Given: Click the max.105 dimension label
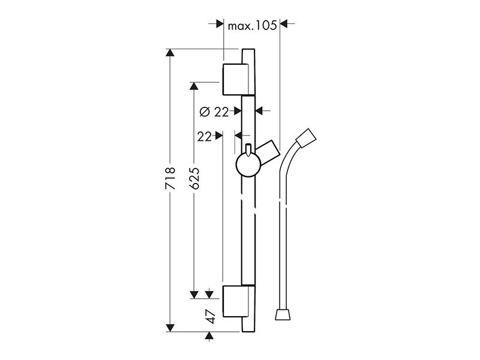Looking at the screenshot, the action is [x=252, y=25].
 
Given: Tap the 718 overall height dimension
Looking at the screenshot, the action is [x=170, y=178].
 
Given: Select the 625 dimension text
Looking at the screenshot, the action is [x=194, y=178].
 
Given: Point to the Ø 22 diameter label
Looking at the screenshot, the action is [x=214, y=112].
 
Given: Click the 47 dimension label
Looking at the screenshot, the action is [x=211, y=316].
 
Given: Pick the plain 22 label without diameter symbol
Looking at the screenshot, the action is [x=205, y=137].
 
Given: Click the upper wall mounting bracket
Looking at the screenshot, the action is [x=235, y=79].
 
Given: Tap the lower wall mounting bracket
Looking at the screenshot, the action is [x=235, y=301].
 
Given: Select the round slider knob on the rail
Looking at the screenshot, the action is [x=248, y=164].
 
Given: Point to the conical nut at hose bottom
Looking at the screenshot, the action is [x=283, y=314].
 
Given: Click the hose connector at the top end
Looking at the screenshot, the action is [x=306, y=139].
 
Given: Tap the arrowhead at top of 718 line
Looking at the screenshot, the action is [x=170, y=53].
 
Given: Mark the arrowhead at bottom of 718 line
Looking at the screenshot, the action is [x=170, y=328].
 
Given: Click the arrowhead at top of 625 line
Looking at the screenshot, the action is [x=194, y=86].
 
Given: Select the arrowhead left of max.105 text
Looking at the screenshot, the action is [x=220, y=24].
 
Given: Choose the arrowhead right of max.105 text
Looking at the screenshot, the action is [x=284, y=24].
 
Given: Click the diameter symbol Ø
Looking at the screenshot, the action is [x=205, y=112].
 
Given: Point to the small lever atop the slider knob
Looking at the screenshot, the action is [x=248, y=149].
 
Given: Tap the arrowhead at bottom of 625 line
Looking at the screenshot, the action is [x=194, y=295].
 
